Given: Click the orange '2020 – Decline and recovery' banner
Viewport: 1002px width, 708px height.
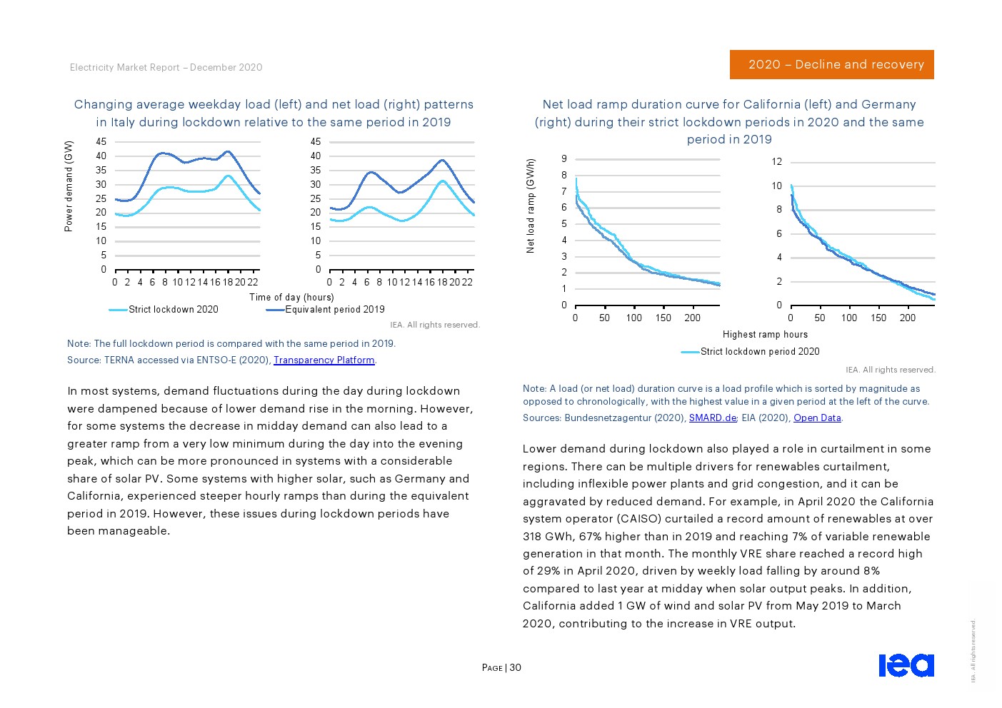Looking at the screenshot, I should click(831, 64).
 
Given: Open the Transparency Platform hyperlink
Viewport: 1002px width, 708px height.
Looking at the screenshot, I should click(324, 360).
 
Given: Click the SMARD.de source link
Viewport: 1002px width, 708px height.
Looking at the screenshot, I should click(712, 418).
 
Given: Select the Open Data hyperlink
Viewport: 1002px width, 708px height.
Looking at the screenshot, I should click(817, 418).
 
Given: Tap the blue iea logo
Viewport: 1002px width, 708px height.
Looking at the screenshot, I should click(906, 664).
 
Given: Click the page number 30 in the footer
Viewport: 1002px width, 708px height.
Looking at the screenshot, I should click(516, 668).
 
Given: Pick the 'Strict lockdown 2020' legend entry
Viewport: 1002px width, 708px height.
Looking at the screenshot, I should click(173, 310).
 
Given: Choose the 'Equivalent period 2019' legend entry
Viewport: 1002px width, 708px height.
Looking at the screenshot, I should click(334, 310).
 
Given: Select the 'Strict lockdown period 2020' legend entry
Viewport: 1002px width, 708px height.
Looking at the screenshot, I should click(759, 352).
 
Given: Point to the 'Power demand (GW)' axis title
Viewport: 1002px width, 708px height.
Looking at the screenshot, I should click(69, 186).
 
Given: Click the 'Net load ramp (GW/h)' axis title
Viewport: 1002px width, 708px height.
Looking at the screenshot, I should click(530, 206).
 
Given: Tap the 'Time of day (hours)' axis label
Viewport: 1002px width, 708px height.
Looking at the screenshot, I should click(291, 297).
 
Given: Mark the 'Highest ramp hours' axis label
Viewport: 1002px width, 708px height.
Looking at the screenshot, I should click(765, 335).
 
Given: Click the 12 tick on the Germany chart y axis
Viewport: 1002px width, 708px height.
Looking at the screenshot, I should click(776, 162).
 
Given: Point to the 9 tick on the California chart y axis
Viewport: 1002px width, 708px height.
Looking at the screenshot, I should click(563, 159).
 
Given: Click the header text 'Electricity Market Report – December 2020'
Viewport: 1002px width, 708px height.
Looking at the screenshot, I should click(166, 68).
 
